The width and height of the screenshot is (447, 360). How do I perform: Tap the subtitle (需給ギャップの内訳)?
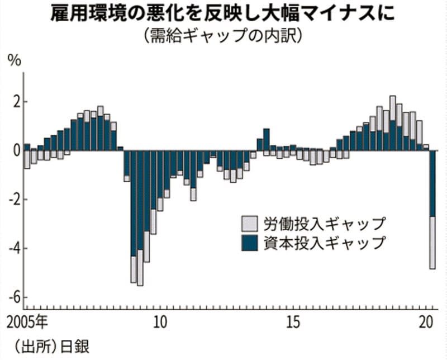pyautogui.click(x=223, y=36)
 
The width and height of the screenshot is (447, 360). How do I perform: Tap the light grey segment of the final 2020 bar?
pyautogui.click(x=432, y=243)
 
